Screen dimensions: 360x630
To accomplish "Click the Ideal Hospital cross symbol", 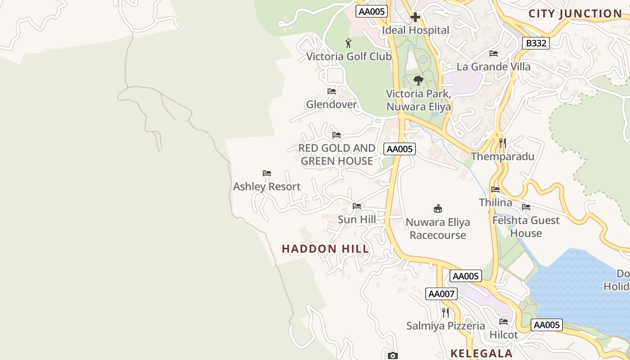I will [415, 17].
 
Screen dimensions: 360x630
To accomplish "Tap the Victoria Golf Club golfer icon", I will [348, 44].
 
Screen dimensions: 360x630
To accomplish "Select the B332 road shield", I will [536, 43].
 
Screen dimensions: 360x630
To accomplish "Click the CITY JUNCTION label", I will [575, 13].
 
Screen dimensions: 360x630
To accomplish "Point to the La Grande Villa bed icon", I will [494, 54].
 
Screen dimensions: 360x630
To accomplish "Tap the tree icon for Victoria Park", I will [418, 81].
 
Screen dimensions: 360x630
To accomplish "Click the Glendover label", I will [332, 104].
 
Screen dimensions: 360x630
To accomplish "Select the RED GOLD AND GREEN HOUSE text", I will [337, 154].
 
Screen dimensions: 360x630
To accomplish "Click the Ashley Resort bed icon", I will [267, 173].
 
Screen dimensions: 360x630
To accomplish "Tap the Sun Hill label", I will [357, 219].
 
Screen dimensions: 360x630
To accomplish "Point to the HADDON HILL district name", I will [325, 249].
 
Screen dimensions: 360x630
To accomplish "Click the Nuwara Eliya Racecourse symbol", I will [438, 208].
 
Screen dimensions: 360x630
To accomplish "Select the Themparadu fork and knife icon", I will [503, 143].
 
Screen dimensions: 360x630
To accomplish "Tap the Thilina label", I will [495, 202].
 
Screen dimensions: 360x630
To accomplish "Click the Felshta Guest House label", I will [526, 226].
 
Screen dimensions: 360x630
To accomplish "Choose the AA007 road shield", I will [441, 294].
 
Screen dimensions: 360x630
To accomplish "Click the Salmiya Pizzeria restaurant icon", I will [445, 312].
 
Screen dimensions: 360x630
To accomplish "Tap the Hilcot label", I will [504, 335].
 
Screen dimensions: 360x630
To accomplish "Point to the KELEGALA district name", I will [481, 353].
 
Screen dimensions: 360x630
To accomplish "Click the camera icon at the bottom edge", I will [393, 356].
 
